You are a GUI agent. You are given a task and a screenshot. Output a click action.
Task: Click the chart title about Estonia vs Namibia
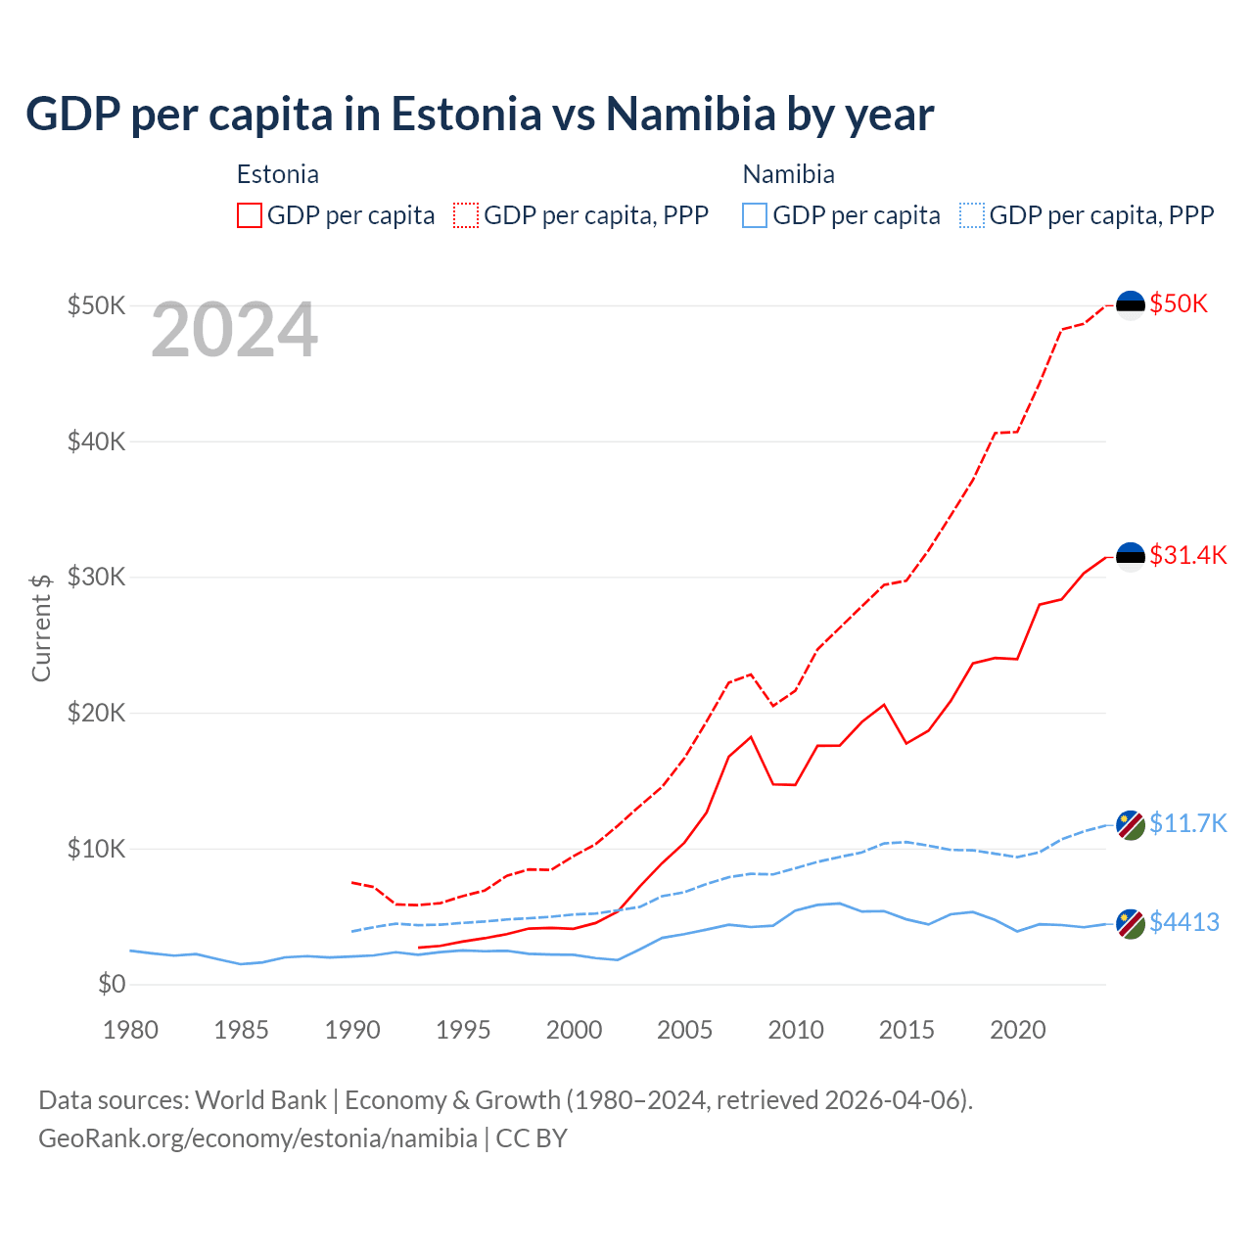click(480, 115)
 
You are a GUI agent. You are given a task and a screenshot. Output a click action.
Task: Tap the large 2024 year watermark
click(234, 330)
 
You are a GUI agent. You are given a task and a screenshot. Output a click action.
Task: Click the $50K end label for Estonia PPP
click(1179, 303)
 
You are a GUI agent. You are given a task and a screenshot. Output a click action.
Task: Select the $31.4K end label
click(1187, 555)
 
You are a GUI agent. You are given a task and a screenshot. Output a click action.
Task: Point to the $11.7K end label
click(1187, 823)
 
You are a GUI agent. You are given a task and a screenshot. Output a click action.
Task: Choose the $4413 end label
click(1183, 922)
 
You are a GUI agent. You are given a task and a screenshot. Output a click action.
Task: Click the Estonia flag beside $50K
click(1131, 305)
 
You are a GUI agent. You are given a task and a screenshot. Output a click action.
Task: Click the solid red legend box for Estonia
click(250, 215)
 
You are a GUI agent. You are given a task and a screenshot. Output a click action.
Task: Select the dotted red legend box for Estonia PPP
click(466, 215)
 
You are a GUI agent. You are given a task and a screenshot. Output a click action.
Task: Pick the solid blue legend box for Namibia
click(755, 215)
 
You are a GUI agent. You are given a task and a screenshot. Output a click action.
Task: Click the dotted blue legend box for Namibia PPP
click(972, 215)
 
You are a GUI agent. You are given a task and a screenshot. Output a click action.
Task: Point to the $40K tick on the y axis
click(97, 441)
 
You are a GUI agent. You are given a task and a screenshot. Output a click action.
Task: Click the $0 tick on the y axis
click(112, 984)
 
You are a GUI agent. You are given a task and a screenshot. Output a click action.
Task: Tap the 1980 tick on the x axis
click(130, 1030)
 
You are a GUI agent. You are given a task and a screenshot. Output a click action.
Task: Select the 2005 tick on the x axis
click(684, 1030)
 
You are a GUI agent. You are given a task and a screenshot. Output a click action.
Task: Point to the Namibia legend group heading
click(788, 174)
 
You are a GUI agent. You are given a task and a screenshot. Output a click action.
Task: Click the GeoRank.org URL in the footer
click(257, 1138)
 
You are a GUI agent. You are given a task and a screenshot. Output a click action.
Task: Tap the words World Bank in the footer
click(260, 1100)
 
